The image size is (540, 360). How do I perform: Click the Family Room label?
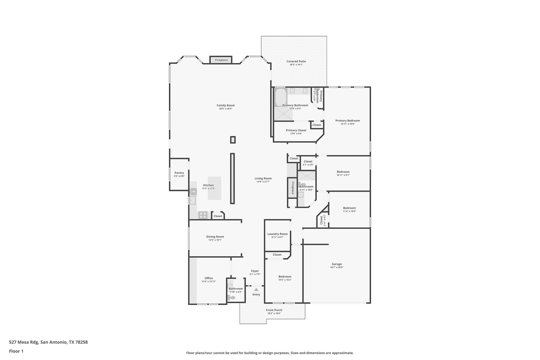[x=225, y=105]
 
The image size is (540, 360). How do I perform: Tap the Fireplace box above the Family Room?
[x=221, y=60]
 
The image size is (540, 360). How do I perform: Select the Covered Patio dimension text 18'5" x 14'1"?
[x=296, y=65]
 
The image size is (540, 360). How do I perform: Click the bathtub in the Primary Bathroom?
[x=281, y=97]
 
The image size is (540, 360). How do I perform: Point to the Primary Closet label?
[x=296, y=130]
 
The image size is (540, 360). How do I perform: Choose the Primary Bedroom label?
[x=347, y=121]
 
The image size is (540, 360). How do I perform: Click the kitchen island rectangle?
[x=214, y=188]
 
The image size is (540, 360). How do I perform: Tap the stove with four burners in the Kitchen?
[x=203, y=215]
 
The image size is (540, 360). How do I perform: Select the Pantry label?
[x=179, y=173]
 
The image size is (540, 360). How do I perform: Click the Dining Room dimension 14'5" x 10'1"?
[x=215, y=240]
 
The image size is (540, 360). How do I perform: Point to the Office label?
[x=209, y=278]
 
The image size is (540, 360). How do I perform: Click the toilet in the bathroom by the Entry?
[x=232, y=298]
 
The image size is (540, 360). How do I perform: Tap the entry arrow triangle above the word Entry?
[x=256, y=289]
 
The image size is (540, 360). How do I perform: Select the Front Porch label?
[x=274, y=310]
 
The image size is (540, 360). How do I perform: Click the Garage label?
[x=336, y=264]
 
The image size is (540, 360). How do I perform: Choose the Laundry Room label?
[x=277, y=234]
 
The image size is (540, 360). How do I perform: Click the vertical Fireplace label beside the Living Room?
[x=292, y=188]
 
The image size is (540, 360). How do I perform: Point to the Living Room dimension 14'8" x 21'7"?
[x=263, y=182]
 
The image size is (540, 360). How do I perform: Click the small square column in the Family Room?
[x=233, y=140]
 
